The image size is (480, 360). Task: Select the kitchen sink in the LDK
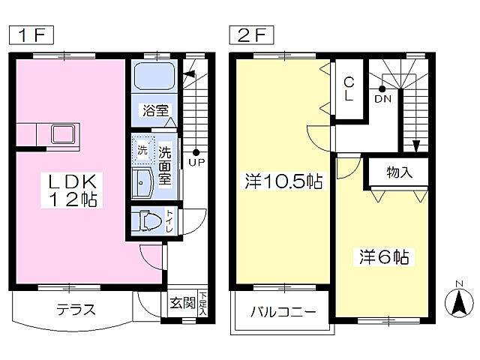point(62,135)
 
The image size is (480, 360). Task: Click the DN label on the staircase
point(382,98)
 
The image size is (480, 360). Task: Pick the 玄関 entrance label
point(181,305)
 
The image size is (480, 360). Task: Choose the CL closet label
point(349,89)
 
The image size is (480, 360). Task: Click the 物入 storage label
point(400,172)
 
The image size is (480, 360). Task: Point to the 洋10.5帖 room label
point(283,181)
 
